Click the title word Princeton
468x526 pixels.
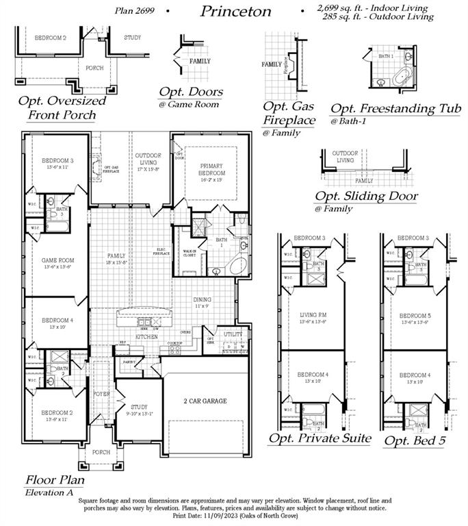[235, 11]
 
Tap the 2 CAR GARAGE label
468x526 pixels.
[205, 401]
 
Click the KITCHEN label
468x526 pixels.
[146, 337]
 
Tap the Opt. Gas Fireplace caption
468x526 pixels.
[289, 114]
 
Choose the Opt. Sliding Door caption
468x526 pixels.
[366, 197]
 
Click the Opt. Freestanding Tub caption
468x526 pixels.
[395, 109]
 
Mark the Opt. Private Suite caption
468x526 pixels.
[320, 438]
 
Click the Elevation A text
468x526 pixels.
[48, 492]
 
